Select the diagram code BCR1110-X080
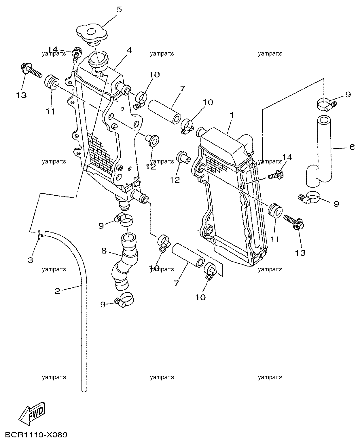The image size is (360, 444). pos(36,435)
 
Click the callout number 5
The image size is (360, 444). pos(119,9)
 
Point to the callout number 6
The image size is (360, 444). pos(352,147)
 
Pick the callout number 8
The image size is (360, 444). pos(104,251)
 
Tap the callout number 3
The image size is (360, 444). pos(31,260)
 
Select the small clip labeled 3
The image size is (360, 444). pos(40,235)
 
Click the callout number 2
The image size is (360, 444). pos(57,291)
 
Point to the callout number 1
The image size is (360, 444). pos(232,115)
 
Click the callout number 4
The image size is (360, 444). pos(129,50)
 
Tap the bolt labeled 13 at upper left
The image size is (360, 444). pos(31,70)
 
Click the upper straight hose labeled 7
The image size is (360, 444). pos(164,112)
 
